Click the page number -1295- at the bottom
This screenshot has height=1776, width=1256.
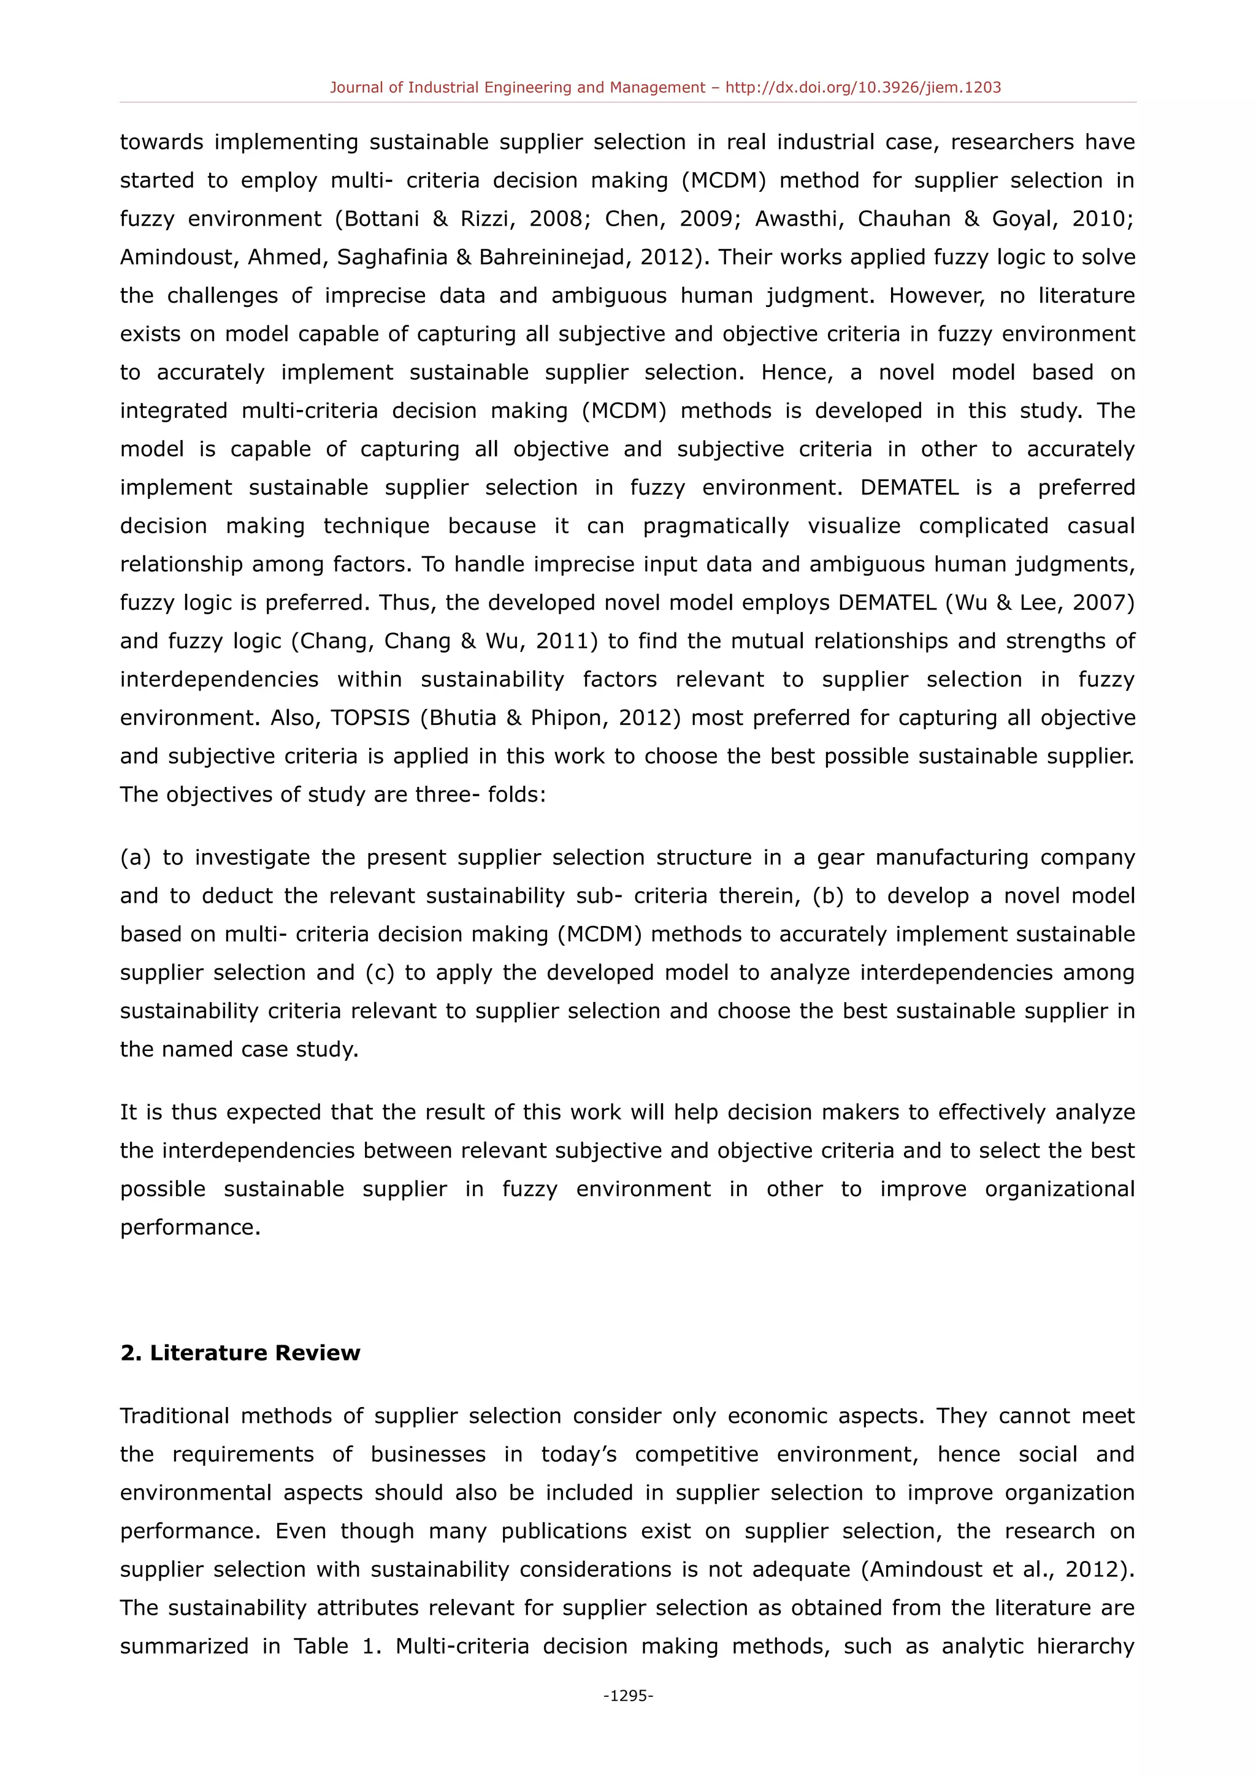pyautogui.click(x=627, y=1696)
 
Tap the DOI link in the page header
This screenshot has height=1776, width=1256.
pyautogui.click(x=863, y=88)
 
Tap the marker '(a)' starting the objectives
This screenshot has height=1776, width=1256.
pyautogui.click(x=136, y=858)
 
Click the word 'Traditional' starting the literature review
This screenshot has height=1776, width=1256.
pyautogui.click(x=174, y=1416)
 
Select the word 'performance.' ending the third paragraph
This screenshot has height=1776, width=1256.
pyautogui.click(x=190, y=1228)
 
